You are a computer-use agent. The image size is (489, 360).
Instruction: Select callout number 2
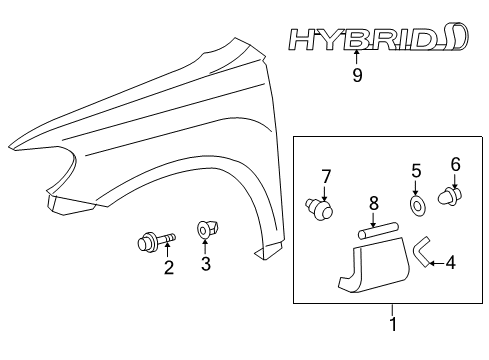coord(169,267)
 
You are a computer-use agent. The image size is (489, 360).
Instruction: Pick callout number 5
coord(417,170)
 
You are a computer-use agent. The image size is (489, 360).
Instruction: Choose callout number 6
coord(455,163)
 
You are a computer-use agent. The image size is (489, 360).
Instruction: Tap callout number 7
coord(325,178)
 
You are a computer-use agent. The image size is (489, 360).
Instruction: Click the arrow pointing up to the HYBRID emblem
coord(357,59)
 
